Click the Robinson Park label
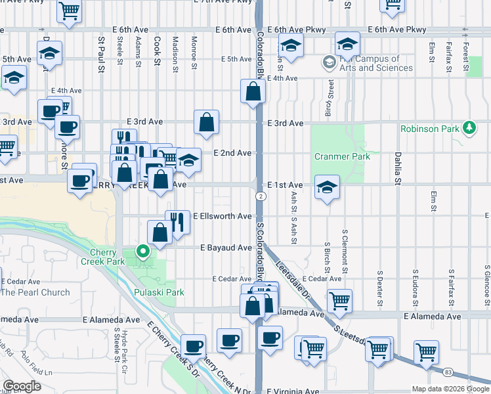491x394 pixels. (x=430, y=129)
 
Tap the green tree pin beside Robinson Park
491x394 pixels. (x=469, y=127)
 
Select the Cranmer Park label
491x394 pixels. (x=342, y=156)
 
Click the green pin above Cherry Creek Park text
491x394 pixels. (x=142, y=250)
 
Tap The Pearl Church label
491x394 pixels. (x=35, y=292)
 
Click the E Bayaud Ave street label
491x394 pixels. (x=226, y=248)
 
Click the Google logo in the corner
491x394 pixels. (x=22, y=386)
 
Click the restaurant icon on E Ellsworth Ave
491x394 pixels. (x=177, y=221)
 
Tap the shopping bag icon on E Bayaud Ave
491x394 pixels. (x=160, y=232)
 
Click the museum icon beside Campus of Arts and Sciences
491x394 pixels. (x=328, y=62)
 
